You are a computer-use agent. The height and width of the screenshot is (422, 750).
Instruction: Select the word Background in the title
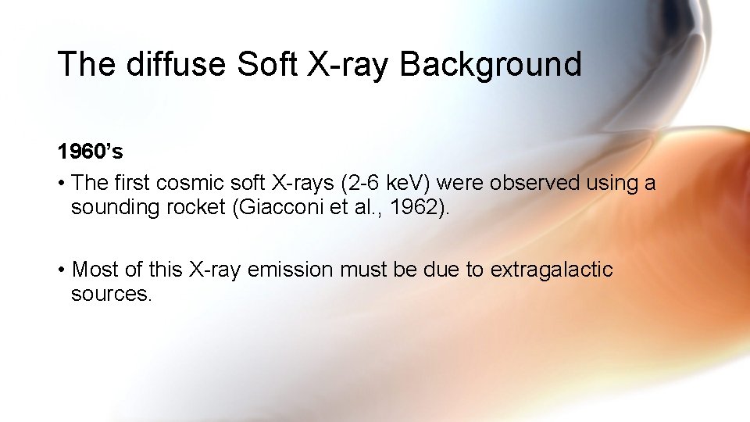tap(491, 64)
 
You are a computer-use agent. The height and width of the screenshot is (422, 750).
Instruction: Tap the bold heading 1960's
tap(90, 151)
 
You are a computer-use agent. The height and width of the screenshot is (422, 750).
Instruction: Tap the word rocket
tap(188, 208)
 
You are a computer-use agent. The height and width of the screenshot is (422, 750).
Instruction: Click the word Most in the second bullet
tap(95, 270)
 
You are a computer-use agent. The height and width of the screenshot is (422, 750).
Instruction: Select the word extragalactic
tap(552, 270)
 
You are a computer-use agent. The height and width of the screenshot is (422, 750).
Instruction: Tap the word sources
tap(111, 295)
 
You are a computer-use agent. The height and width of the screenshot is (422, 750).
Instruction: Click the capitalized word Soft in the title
tap(267, 64)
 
